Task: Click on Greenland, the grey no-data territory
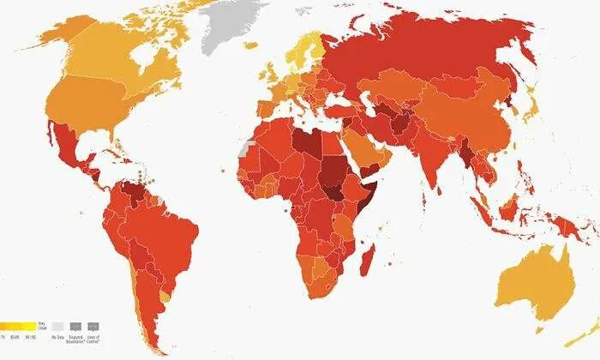(230, 26)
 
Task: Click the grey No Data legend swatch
(57, 327)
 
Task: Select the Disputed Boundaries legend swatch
(75, 327)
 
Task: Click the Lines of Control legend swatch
(93, 327)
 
